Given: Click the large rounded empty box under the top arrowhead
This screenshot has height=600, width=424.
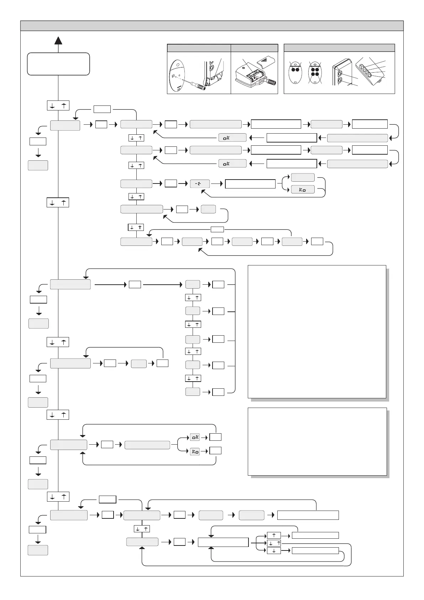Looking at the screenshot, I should [x=58, y=64].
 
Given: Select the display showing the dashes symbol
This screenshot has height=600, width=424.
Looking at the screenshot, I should [x=200, y=184].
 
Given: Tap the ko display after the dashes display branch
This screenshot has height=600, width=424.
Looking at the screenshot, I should [x=303, y=190].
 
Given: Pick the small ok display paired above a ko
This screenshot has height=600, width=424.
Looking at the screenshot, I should [x=195, y=437].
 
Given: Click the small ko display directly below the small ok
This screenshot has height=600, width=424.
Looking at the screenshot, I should [x=195, y=451].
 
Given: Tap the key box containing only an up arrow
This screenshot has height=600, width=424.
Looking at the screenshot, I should [x=274, y=535].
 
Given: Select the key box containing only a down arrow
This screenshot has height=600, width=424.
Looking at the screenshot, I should [x=274, y=551].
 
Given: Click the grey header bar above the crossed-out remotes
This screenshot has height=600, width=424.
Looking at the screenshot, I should [x=339, y=48].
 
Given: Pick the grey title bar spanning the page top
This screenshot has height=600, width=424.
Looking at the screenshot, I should [x=212, y=26].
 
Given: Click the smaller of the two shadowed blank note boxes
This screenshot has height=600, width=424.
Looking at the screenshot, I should [x=317, y=442].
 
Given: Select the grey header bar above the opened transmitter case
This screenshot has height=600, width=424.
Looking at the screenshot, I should [x=254, y=48].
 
